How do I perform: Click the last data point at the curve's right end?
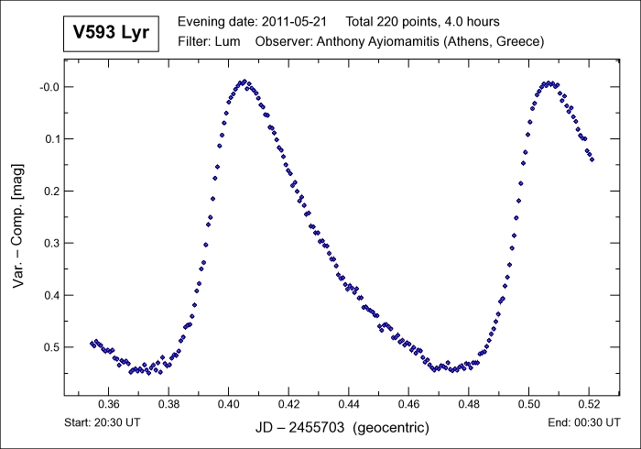(592, 159)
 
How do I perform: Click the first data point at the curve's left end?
(92, 343)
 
